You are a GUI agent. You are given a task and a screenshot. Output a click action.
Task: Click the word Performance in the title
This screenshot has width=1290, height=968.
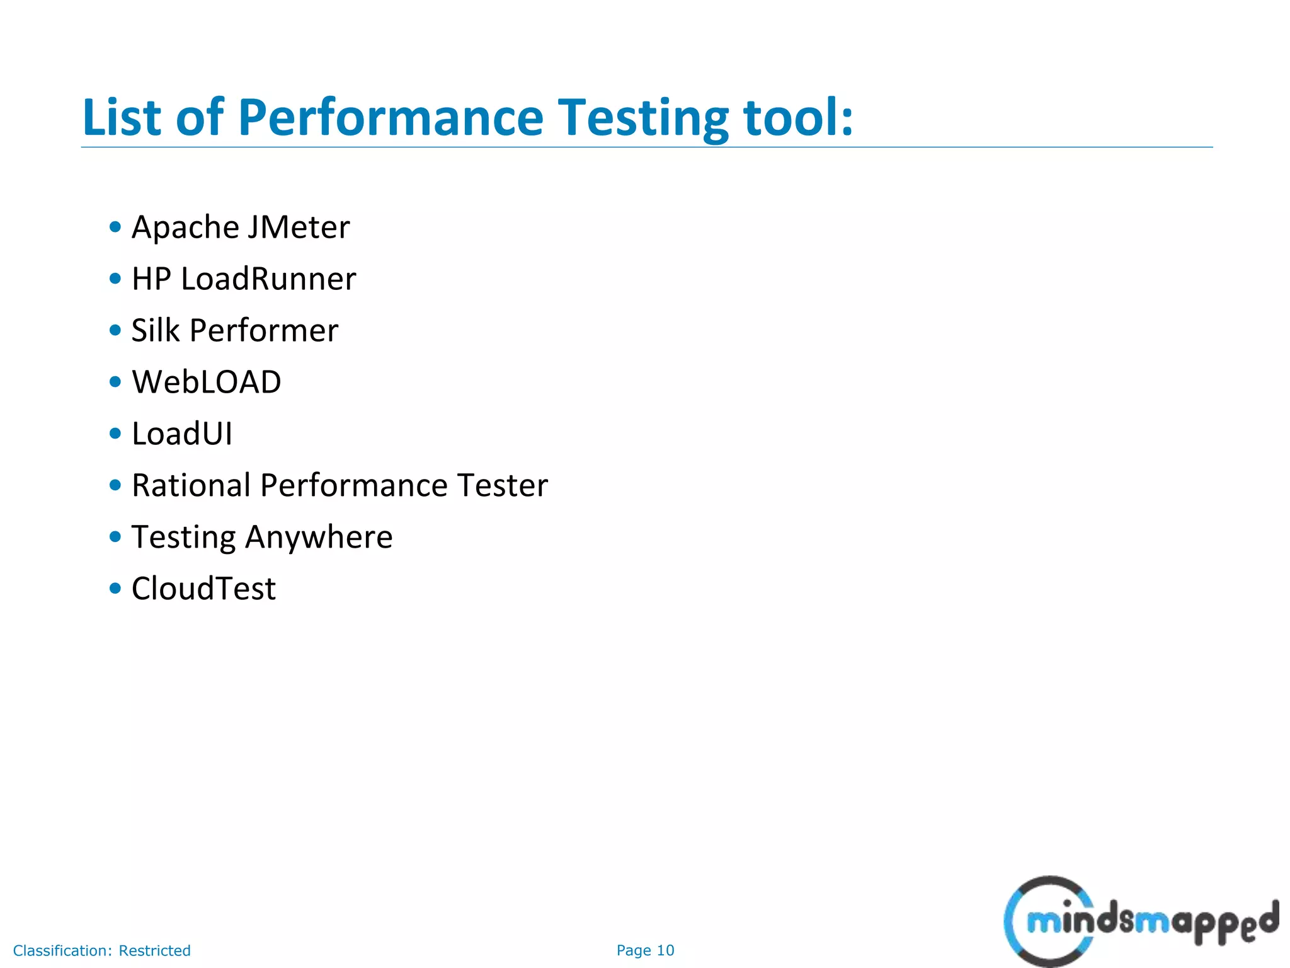[x=391, y=118]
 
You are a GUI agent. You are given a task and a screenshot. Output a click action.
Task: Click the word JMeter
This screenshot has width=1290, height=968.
[x=298, y=228]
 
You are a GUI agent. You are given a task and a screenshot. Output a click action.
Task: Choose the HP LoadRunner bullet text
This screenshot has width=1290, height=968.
[x=244, y=279]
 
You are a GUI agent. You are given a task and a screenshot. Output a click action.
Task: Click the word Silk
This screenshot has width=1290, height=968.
[x=155, y=331]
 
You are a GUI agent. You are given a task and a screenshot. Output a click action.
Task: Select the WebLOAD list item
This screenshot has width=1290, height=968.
[x=207, y=383]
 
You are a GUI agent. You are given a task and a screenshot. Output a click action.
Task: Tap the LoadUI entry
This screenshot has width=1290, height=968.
[x=182, y=434]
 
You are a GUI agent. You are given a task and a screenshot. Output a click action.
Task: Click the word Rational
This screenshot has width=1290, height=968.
[x=191, y=486]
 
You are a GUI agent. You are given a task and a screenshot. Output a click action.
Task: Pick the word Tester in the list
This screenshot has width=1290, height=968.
[x=503, y=486]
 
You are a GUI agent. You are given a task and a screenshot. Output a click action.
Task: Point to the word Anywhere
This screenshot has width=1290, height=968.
[x=319, y=538]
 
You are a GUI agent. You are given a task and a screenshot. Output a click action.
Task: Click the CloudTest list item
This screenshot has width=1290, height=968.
[x=203, y=589]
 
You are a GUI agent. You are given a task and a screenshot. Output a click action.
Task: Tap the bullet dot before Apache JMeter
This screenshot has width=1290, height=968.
[x=115, y=228]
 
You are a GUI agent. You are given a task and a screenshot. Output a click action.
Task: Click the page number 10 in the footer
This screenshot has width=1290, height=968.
[x=665, y=950]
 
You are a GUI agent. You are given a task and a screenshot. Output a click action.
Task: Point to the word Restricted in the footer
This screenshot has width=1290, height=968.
[x=154, y=950]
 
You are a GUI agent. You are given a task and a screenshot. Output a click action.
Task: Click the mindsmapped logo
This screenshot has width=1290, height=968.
[x=1140, y=921]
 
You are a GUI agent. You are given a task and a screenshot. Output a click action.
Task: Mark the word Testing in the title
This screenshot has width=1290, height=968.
[x=644, y=118]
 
